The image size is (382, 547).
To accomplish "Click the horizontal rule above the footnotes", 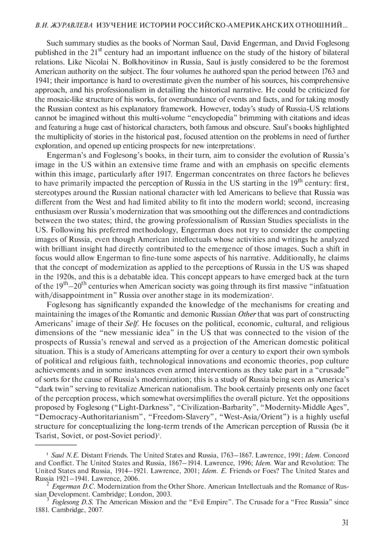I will pyautogui.click(x=56, y=445).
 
